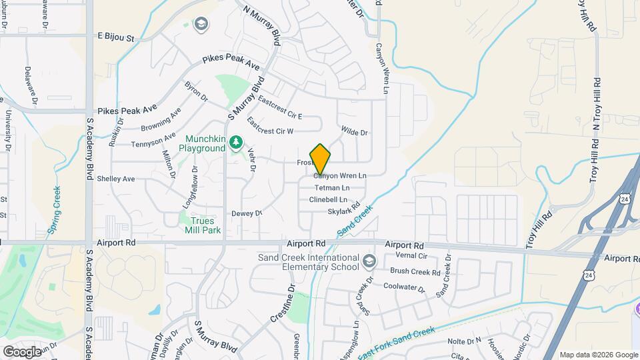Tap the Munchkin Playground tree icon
point(235,141)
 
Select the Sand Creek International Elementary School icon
point(369,259)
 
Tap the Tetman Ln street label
point(332,188)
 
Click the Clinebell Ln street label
point(328,200)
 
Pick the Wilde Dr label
point(354,133)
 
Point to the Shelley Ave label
point(116,179)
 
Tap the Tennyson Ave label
point(153,141)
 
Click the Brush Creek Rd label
point(415,272)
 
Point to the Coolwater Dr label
point(405,287)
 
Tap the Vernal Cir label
point(411,256)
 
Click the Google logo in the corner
point(22,351)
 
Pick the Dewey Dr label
point(247,213)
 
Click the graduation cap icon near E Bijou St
point(199,25)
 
